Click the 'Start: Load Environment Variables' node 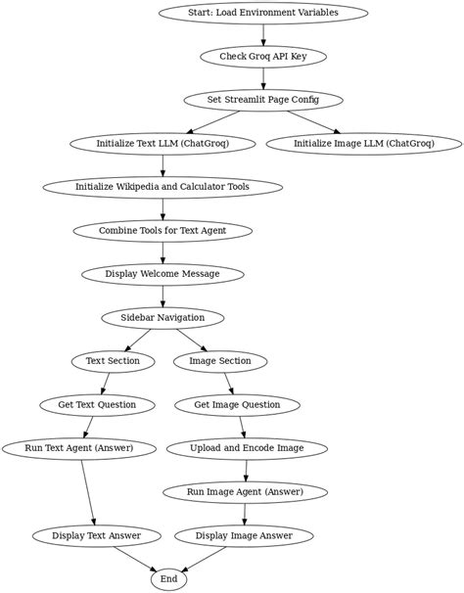pos(263,13)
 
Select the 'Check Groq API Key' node pos(263,57)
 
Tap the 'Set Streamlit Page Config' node pos(263,100)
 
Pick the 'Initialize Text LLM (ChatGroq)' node pos(162,144)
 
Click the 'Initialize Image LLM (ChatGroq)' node pos(363,144)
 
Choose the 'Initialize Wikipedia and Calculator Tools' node pos(162,187)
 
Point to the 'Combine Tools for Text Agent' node pos(162,231)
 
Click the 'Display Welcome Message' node pos(162,274)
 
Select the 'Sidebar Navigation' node pos(162,318)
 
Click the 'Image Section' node pos(220,361)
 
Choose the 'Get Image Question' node pos(237,405)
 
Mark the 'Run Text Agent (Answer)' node pos(80,449)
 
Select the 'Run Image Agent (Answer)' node pos(245,492)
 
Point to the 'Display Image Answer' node pos(244,536)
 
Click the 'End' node pos(168,580)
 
